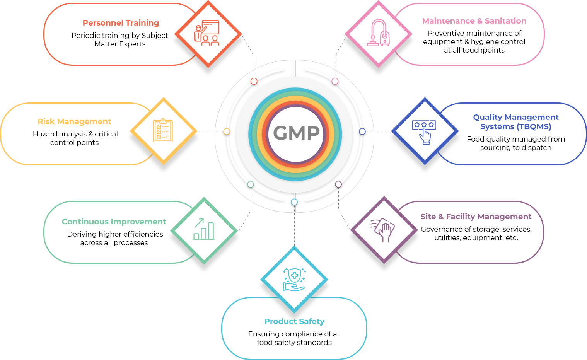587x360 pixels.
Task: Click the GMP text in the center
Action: coord(297,133)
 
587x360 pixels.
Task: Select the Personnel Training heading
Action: coord(121,23)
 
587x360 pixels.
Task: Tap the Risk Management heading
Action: coord(74,121)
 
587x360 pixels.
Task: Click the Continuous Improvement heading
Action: coord(114,222)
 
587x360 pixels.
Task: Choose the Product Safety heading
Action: coord(294,321)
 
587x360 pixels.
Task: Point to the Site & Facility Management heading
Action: coord(476,217)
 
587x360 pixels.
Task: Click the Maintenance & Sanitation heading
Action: coord(474,21)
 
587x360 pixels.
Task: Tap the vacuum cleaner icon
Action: coord(378,34)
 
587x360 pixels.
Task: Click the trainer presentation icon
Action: coord(207,33)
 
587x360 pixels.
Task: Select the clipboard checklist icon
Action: coord(163,130)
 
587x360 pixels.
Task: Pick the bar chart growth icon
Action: coord(204,230)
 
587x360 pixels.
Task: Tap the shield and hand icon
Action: coord(294,279)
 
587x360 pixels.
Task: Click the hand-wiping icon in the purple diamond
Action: coord(383,230)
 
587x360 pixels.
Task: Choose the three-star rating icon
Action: coord(425,131)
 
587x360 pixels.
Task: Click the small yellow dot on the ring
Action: coord(227,131)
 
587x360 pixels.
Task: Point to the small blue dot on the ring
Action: coord(362,131)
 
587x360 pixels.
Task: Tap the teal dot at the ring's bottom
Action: coord(294,202)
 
